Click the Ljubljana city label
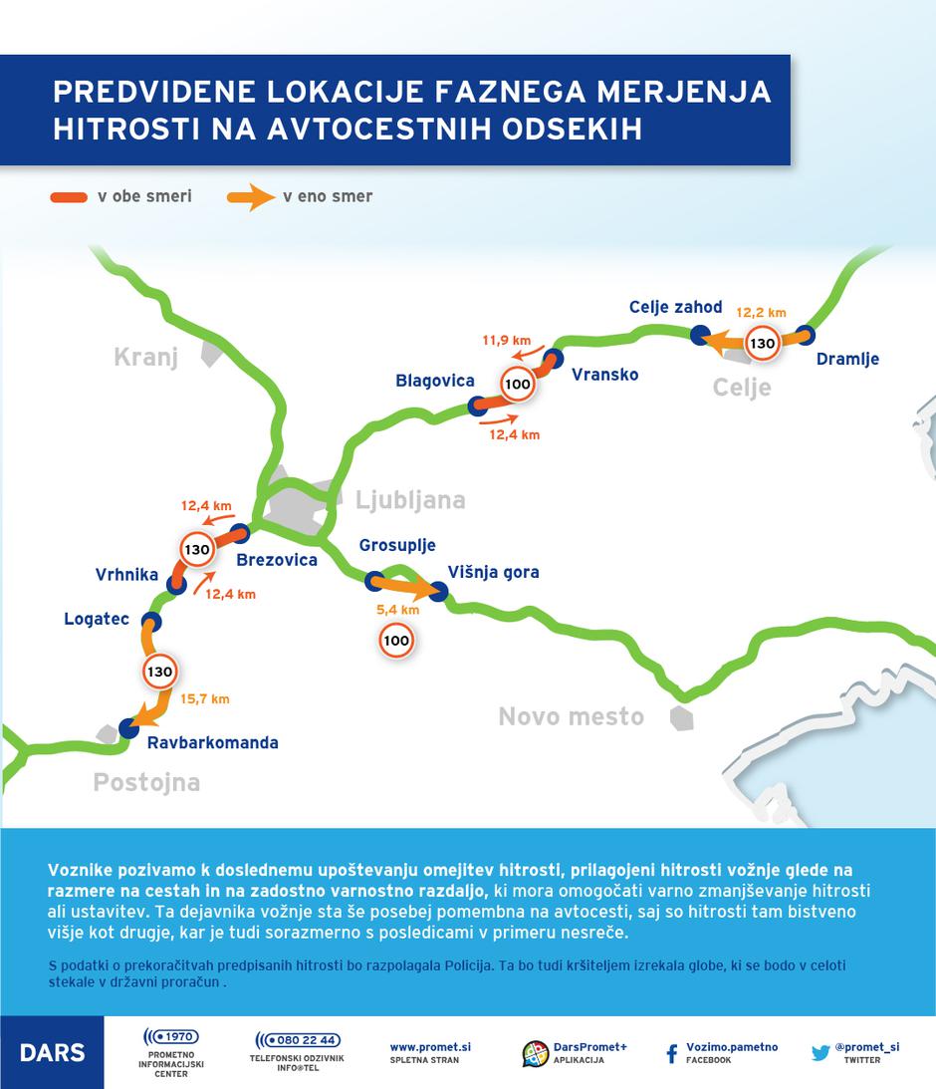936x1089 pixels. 410,499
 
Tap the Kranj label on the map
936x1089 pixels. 145,357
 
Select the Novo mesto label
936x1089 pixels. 571,716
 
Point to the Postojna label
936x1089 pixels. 146,782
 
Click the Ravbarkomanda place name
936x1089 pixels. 212,742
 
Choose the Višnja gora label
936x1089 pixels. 493,572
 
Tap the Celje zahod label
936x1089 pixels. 675,307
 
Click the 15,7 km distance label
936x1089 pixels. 205,699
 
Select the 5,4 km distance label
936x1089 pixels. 397,609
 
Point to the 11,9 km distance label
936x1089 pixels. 506,340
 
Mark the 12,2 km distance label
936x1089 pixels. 762,312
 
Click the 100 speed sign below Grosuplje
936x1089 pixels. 396,641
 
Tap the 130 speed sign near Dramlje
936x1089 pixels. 762,343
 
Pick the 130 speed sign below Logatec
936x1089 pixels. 159,672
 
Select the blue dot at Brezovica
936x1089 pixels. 239,533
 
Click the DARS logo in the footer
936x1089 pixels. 52,1053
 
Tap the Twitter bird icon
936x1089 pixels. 820,1052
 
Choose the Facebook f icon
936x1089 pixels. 672,1053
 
